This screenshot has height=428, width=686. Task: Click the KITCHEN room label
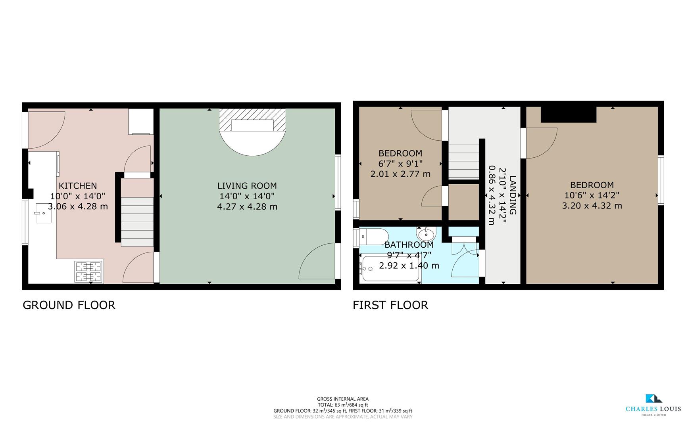point(78,185)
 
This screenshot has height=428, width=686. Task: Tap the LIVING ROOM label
point(247,185)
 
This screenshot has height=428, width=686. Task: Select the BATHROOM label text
point(409,245)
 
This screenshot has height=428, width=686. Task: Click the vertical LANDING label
point(513,195)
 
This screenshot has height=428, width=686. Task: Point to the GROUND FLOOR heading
point(69,305)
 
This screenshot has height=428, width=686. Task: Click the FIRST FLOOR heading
point(390,305)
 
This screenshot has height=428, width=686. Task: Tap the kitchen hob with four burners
point(89,271)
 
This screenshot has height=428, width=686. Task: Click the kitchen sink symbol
point(43,213)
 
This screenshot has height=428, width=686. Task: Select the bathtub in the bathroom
point(391,269)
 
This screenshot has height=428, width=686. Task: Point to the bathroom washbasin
point(426,233)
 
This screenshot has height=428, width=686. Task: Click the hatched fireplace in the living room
point(252,120)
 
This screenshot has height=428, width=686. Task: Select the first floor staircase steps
point(464,162)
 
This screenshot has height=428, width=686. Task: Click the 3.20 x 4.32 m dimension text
point(592,206)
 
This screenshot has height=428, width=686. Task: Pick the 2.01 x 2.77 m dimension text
point(400,174)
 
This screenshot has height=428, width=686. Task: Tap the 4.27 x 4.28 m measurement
point(247,206)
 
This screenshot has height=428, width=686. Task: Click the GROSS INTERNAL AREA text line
point(343,399)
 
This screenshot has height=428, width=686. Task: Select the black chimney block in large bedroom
point(569,115)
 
